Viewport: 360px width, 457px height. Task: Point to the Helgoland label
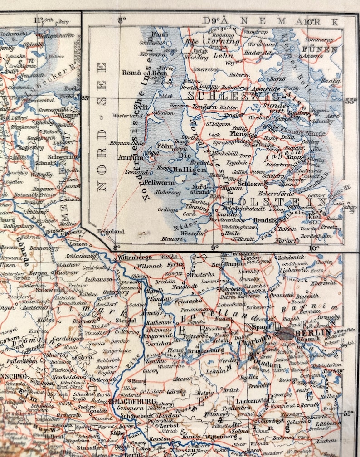(110, 231)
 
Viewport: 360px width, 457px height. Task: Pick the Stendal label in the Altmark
(126, 321)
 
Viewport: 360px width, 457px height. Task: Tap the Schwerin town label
(64, 156)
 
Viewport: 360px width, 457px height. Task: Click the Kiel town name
(315, 216)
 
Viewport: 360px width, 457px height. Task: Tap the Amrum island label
(131, 158)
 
